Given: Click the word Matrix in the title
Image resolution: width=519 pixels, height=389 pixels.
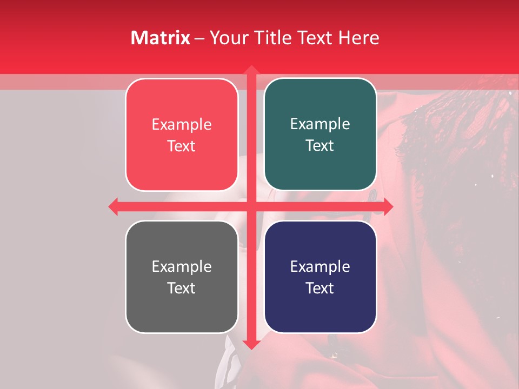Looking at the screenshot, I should [x=161, y=38].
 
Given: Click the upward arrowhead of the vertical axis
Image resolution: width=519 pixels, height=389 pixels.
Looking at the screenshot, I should [x=251, y=71].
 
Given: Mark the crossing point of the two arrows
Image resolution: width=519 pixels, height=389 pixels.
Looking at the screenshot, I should [x=251, y=206].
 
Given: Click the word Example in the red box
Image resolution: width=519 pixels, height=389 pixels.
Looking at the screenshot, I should [x=182, y=125].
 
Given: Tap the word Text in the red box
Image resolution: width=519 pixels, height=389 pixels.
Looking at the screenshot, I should [x=182, y=146].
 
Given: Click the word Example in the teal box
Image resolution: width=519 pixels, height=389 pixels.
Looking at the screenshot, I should [x=320, y=124].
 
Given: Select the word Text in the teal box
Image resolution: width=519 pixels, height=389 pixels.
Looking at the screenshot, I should [x=320, y=146].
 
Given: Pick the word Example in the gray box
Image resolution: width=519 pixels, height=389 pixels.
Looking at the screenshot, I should [x=182, y=267].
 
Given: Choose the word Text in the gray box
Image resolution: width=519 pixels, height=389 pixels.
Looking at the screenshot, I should [x=182, y=288].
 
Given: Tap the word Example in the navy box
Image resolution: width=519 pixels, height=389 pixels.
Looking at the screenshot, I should [x=320, y=267].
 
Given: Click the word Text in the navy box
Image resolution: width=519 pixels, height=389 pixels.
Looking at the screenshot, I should [x=320, y=288].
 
